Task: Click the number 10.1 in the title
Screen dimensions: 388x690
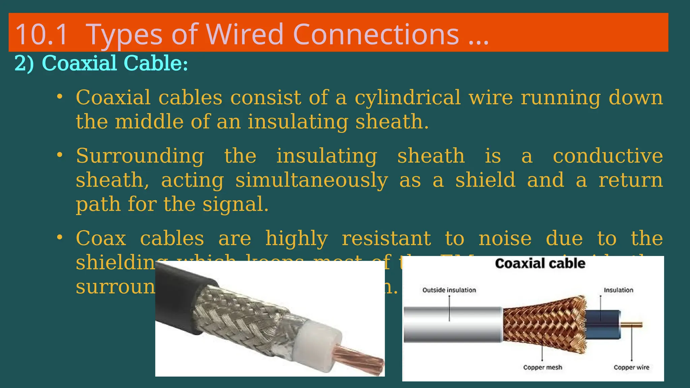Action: pyautogui.click(x=41, y=34)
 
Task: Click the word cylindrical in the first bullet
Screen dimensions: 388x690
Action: pyautogui.click(x=407, y=98)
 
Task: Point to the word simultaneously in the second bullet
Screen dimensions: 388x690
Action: pyautogui.click(x=311, y=180)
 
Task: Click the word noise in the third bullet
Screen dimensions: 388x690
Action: pyautogui.click(x=505, y=238)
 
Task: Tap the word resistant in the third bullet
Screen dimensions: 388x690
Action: pyautogui.click(x=386, y=238)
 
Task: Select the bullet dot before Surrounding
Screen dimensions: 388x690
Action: pyautogui.click(x=60, y=155)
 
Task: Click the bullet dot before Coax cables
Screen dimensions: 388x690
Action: pyautogui.click(x=60, y=237)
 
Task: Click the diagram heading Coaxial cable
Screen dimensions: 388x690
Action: pyautogui.click(x=540, y=263)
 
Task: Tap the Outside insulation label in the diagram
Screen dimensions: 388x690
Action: pyautogui.click(x=449, y=290)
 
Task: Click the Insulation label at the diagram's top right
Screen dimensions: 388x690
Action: pyautogui.click(x=618, y=290)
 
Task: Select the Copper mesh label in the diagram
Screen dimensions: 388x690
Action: pyautogui.click(x=542, y=367)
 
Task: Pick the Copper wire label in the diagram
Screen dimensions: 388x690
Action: pyautogui.click(x=631, y=367)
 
